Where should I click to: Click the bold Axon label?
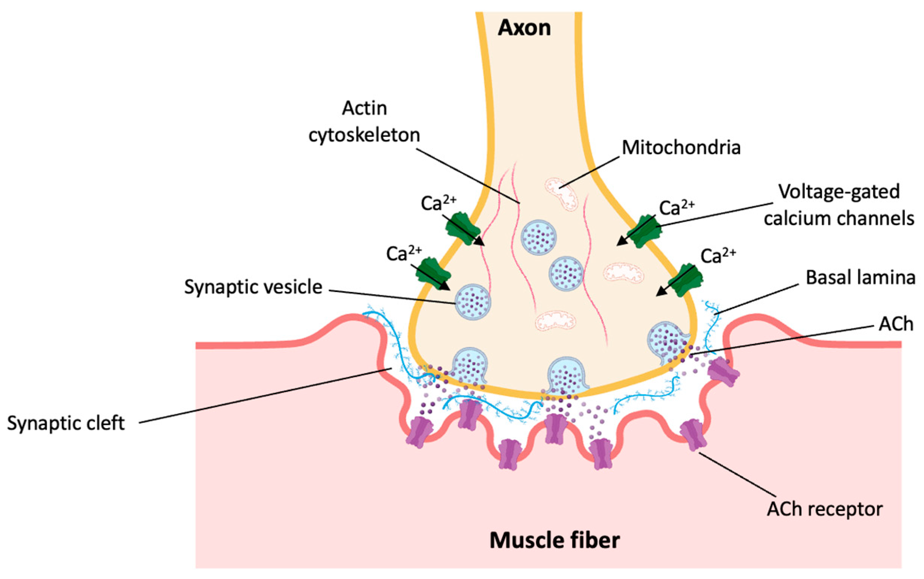tap(524, 28)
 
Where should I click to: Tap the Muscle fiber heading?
tap(555, 540)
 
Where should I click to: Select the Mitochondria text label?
tap(681, 148)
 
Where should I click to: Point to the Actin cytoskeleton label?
tap(364, 122)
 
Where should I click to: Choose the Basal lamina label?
tap(860, 278)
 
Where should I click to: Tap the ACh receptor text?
tap(825, 509)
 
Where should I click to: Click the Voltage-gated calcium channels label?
tap(839, 205)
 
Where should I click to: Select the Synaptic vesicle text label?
tap(253, 287)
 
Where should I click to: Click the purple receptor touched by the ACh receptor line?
tap(693, 435)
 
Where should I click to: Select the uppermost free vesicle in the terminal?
tap(538, 237)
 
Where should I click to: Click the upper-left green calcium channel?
tap(463, 229)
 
